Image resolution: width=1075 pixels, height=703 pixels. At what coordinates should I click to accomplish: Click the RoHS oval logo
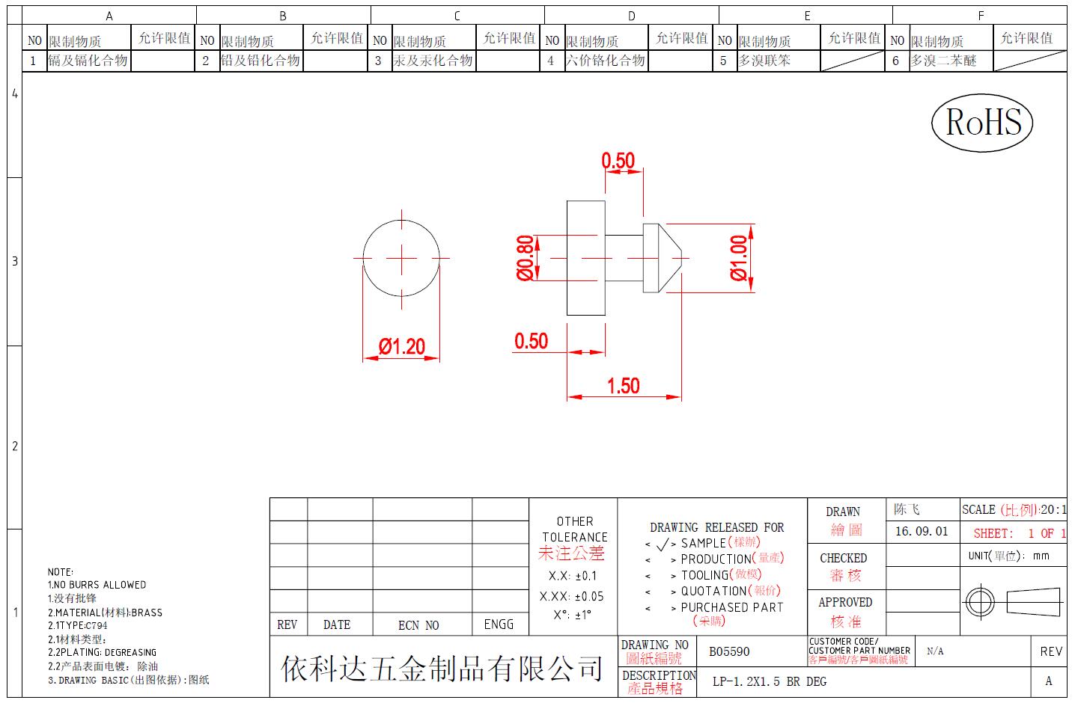pyautogui.click(x=981, y=123)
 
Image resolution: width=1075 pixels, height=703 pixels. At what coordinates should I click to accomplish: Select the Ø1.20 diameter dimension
pyautogui.click(x=402, y=346)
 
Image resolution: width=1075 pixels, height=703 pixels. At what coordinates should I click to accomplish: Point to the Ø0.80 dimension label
pyautogui.click(x=525, y=258)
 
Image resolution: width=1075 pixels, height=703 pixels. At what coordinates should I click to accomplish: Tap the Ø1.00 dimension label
pyautogui.click(x=739, y=258)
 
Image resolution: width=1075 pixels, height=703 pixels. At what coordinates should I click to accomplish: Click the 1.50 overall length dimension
pyautogui.click(x=624, y=386)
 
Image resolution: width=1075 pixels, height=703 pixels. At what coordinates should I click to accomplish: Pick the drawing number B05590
pyautogui.click(x=729, y=651)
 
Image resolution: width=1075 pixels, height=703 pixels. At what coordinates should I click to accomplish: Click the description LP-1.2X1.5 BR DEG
pyautogui.click(x=770, y=681)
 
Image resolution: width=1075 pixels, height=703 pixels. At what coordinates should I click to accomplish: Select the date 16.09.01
pyautogui.click(x=922, y=531)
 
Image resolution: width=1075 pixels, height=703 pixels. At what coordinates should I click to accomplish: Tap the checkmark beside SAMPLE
pyautogui.click(x=663, y=544)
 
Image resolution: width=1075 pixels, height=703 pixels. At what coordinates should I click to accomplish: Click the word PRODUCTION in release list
pyautogui.click(x=716, y=559)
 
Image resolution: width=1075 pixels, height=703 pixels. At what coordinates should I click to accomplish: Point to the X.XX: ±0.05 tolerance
pyautogui.click(x=571, y=597)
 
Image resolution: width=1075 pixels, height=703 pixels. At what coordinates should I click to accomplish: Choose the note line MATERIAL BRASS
pyautogui.click(x=105, y=613)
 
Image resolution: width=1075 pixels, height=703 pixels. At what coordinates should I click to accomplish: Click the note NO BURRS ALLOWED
pyautogui.click(x=97, y=585)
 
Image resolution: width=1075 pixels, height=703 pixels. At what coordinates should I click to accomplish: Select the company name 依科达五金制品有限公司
pyautogui.click(x=442, y=669)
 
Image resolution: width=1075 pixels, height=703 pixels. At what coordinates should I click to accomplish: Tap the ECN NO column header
pyautogui.click(x=418, y=624)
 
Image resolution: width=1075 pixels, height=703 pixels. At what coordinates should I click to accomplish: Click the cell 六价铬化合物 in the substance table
pyautogui.click(x=606, y=61)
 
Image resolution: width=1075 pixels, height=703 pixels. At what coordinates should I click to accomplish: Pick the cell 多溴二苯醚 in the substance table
pyautogui.click(x=943, y=61)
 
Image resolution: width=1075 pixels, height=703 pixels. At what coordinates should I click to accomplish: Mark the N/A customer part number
pyautogui.click(x=935, y=651)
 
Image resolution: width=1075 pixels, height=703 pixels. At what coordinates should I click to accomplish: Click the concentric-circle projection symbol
pyautogui.click(x=980, y=602)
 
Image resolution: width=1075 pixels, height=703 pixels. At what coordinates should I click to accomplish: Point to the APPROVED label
pyautogui.click(x=845, y=602)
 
